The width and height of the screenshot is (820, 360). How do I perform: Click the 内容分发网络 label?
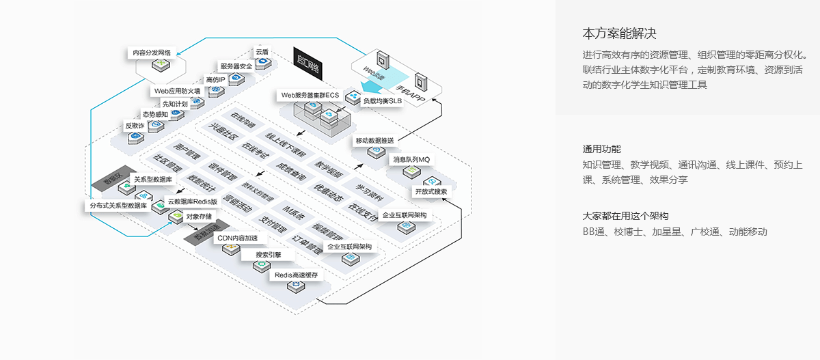[x=152, y=52]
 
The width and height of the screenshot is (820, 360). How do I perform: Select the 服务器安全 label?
[x=236, y=66]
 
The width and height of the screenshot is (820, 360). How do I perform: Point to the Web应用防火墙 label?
[x=177, y=91]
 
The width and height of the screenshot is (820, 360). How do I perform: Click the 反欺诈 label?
[x=135, y=126]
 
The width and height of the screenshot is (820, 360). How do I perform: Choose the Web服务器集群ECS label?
[x=310, y=95]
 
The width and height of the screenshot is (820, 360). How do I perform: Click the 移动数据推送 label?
[x=374, y=141]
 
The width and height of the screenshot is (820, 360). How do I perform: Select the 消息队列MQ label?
[x=411, y=160]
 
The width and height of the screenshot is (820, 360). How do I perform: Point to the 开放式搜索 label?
[x=431, y=192]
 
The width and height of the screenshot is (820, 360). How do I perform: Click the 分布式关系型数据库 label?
[x=118, y=205]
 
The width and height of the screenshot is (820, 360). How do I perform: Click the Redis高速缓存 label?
[x=296, y=275]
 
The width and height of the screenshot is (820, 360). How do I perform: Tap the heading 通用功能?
[x=601, y=148]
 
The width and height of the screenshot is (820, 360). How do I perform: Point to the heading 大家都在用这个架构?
[x=625, y=214]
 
